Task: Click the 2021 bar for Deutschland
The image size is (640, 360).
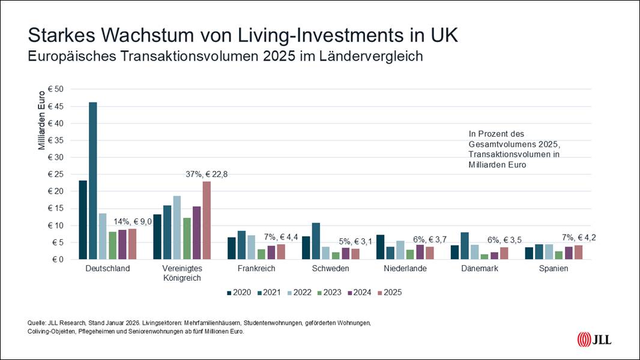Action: coord(93,181)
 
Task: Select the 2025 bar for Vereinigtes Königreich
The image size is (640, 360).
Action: coord(207,220)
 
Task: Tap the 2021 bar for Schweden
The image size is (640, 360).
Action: coord(316,241)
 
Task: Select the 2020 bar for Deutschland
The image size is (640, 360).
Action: coord(83,220)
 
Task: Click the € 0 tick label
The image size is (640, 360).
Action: coord(58,260)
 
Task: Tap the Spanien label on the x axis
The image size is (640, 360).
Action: coord(553,269)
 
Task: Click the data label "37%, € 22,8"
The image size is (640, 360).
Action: coord(207,174)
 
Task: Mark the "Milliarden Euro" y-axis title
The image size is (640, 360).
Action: coord(42,120)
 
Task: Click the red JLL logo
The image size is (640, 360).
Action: coord(584,339)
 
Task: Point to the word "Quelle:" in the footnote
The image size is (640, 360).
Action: coord(38,323)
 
